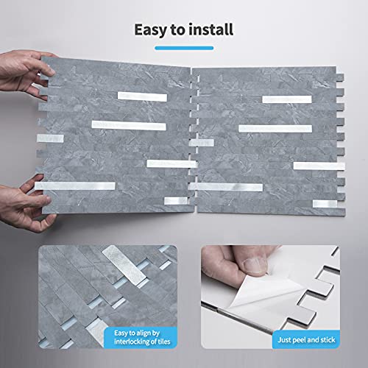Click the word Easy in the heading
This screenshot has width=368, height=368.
[x=149, y=30]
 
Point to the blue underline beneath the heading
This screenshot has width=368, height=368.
[x=184, y=47]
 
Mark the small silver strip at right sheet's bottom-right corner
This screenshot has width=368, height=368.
[x=325, y=203]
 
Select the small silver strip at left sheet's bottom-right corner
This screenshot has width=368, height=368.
[x=175, y=201]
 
